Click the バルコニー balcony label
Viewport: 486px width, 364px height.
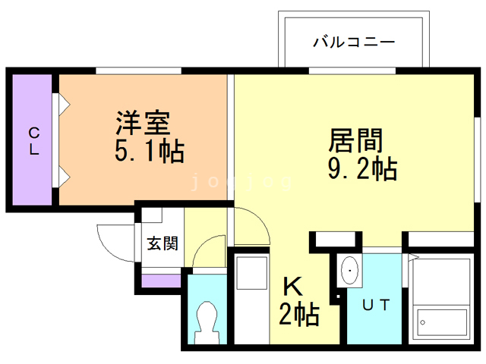tap(354, 42)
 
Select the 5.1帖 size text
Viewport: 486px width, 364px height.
tap(149, 152)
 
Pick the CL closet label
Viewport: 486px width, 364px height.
tap(34, 141)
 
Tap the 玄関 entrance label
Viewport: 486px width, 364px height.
tap(162, 243)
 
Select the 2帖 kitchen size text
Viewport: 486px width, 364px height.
tap(298, 312)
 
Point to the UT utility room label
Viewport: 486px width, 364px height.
tap(376, 306)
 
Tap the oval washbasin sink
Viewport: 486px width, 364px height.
tap(351, 270)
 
